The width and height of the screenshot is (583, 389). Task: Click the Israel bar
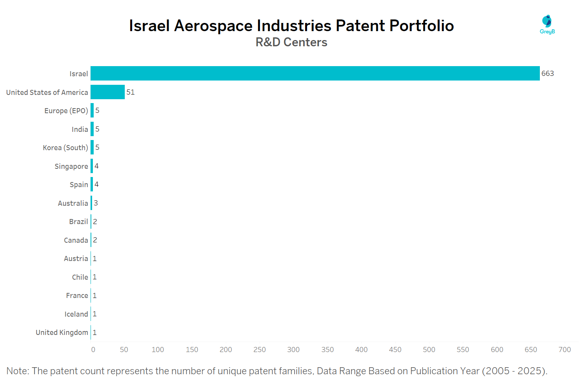pos(315,74)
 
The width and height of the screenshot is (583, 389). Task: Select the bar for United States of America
pos(108,92)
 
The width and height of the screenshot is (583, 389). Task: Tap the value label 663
pos(548,74)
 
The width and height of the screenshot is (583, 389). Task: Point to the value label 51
pos(131,92)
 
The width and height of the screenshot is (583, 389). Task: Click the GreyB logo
pos(547,25)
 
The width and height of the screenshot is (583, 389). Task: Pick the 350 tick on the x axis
pos(328,350)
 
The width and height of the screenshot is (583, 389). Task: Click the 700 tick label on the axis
pos(565,350)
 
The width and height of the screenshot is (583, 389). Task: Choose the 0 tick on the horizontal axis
pos(93,350)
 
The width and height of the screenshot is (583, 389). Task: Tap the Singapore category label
pos(71,166)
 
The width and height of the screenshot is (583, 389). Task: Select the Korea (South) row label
pos(65,148)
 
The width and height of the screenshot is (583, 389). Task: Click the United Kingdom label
pos(62,333)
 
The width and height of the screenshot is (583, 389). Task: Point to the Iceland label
pos(76,314)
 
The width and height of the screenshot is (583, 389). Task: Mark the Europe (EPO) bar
pos(92,110)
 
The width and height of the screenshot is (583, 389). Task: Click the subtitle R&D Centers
pos(291,42)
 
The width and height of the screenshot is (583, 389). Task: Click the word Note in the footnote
pos(17,371)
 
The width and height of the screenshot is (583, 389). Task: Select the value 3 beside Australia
pos(96,203)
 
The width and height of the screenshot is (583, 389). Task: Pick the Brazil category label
pos(79,222)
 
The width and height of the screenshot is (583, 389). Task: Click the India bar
pos(92,129)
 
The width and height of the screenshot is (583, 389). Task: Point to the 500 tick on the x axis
pos(429,350)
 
